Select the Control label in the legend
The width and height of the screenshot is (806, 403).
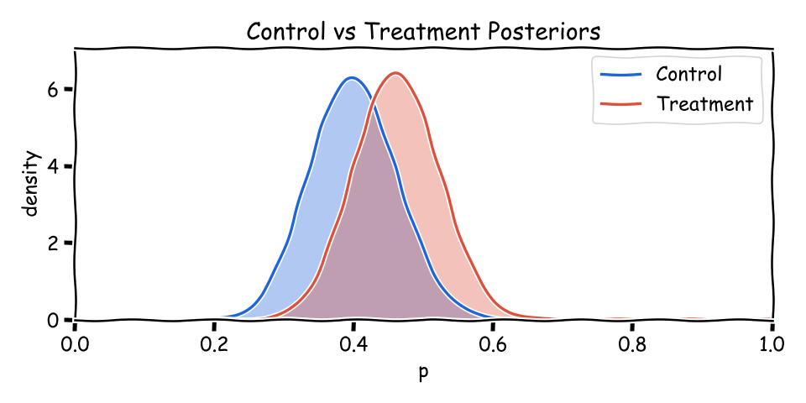[x=688, y=74]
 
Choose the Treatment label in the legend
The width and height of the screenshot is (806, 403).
[x=704, y=104]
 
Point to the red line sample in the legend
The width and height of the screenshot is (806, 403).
[x=621, y=105]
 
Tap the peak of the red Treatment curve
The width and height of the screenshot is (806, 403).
[x=395, y=74]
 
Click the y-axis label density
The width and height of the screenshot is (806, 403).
[x=32, y=183]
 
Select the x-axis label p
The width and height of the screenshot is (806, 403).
[x=423, y=372]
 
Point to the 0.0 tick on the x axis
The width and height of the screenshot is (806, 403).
[x=75, y=343]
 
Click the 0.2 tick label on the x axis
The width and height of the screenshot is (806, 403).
[x=214, y=343]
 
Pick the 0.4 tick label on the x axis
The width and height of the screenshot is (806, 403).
[x=353, y=343]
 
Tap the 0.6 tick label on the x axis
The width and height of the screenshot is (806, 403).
[x=493, y=343]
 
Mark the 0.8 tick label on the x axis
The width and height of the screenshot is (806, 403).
[x=632, y=343]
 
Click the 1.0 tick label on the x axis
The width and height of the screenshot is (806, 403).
[x=772, y=343]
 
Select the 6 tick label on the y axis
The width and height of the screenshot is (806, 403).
[x=52, y=89]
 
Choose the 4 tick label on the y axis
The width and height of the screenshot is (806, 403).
[x=52, y=166]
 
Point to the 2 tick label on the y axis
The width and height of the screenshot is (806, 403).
[x=52, y=243]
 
